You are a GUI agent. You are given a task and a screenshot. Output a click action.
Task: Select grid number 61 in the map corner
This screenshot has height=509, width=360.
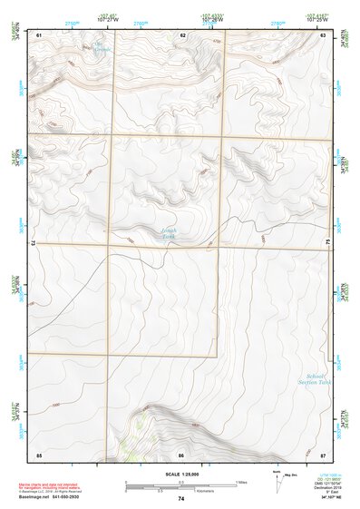[39, 34]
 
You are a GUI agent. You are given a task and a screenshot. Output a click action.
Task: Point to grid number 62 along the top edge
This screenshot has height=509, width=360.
[182, 34]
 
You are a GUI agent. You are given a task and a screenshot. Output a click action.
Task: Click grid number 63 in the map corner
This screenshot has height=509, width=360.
[323, 34]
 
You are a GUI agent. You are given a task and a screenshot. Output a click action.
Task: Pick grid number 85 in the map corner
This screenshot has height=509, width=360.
[39, 454]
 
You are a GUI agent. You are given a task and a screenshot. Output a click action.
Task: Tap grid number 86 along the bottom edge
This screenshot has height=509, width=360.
[181, 454]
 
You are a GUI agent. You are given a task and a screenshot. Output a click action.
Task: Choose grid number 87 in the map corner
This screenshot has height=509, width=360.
[323, 454]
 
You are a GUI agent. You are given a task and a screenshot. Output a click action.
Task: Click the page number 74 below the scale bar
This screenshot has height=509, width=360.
[181, 499]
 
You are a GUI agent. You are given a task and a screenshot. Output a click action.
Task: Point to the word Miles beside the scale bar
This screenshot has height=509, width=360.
[240, 481]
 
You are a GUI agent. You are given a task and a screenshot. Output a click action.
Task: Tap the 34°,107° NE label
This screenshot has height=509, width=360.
[326, 499]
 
